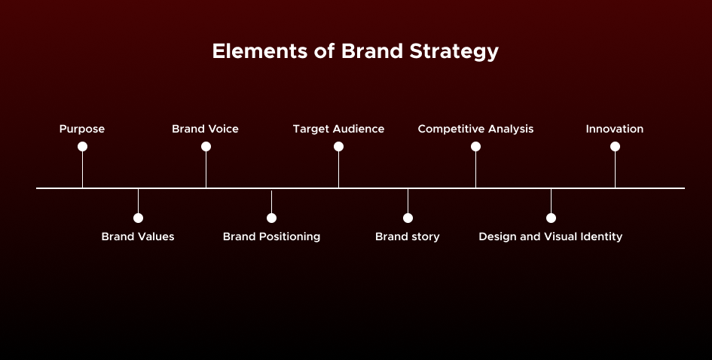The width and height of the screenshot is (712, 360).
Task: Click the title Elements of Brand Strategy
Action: point(355,52)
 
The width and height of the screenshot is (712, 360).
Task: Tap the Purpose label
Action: point(82,129)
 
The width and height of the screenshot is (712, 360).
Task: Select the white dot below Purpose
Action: point(82,147)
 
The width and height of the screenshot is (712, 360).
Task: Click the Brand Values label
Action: point(138,236)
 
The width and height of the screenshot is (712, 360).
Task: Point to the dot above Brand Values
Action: point(138,218)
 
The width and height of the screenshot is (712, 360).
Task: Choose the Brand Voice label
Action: point(205,129)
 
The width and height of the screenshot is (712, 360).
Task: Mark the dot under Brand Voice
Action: point(206,147)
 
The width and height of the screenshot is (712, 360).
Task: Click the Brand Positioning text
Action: point(271,236)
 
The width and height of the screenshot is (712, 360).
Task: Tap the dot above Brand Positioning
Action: point(271,218)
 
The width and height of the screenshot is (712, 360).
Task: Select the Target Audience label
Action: point(338,129)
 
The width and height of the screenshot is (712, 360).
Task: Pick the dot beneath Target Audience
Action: point(338,147)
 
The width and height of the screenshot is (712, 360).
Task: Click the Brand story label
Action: point(407,236)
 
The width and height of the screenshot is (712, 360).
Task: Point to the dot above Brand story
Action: point(408,218)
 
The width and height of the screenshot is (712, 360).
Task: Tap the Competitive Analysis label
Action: point(475,129)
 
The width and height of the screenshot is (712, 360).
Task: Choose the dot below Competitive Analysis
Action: point(475,147)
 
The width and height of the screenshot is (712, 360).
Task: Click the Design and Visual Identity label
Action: point(550,236)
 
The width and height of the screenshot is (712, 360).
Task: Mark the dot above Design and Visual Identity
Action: point(551,218)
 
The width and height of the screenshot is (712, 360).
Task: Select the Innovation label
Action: point(615,129)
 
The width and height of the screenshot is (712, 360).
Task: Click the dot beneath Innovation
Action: point(615,147)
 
